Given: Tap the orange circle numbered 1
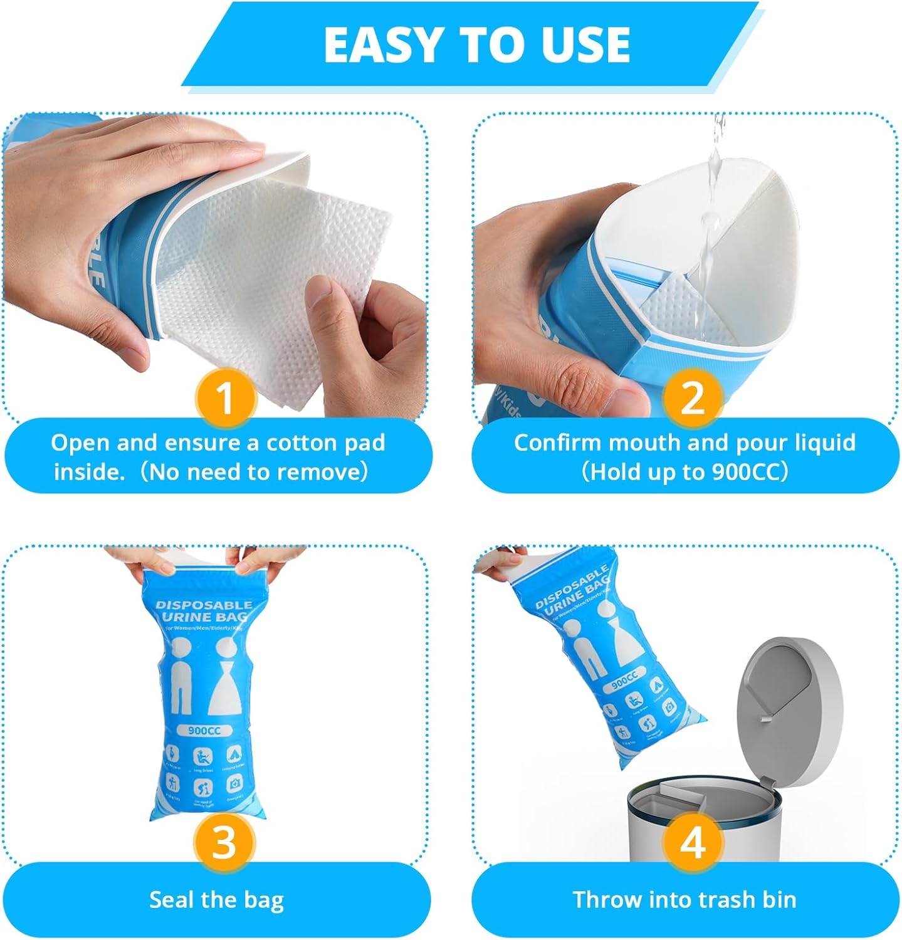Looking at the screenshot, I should [x=224, y=397].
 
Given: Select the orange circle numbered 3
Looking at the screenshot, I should [x=224, y=842].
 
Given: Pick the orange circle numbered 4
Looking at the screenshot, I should [x=691, y=842].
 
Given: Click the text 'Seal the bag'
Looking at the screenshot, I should [x=216, y=900].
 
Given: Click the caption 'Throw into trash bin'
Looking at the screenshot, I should [x=684, y=900].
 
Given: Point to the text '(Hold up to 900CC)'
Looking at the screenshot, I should [x=684, y=471].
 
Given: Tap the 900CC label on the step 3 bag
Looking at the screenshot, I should [x=204, y=731].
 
